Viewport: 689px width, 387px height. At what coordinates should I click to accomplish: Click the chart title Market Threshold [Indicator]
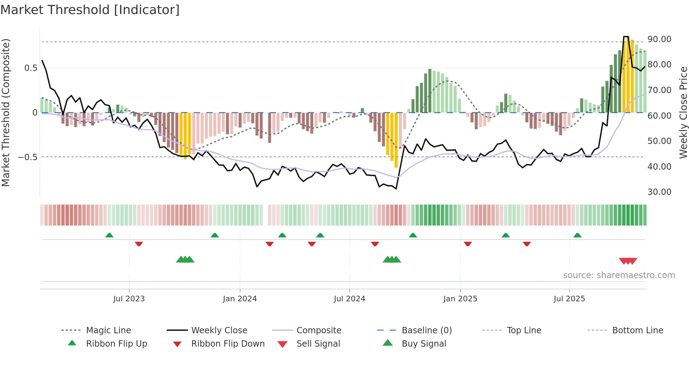point(90,10)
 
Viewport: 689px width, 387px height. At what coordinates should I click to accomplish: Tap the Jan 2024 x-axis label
point(240,299)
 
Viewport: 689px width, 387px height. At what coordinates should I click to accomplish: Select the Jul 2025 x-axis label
point(569,299)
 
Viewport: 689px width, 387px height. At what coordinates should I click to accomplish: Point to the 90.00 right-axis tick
point(659,39)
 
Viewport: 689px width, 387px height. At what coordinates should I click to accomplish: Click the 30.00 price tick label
point(659,192)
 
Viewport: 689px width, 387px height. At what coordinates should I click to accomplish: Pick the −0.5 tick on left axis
point(28,157)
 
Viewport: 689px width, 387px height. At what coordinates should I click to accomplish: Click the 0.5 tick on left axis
point(31,68)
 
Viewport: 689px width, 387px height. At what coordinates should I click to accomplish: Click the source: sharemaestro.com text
point(619,275)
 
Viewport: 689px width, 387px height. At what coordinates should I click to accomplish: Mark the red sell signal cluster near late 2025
point(628,261)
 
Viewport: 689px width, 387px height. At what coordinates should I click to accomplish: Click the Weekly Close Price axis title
point(683,112)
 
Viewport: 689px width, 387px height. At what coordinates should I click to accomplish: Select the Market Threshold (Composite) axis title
point(6,112)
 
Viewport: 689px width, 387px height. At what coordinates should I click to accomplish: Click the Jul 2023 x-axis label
point(129,299)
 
